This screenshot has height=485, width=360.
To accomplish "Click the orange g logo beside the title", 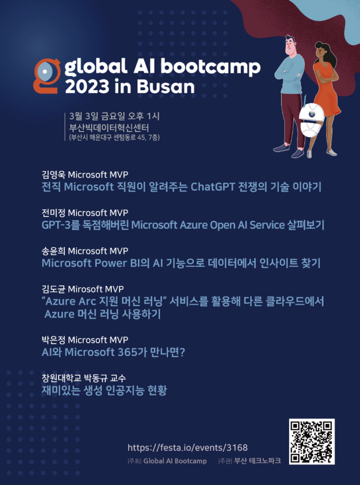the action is click(46, 76).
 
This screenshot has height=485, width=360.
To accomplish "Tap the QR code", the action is click(312, 442).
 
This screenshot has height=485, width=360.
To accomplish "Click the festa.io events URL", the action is click(188, 447).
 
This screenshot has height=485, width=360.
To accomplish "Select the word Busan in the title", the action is click(166, 87).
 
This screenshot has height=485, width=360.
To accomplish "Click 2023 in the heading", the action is click(86, 87).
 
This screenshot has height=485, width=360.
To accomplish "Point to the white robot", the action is click(311, 121).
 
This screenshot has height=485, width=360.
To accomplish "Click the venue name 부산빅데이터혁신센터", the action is click(110, 127).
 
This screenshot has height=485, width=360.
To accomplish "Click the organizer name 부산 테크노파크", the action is click(257, 461).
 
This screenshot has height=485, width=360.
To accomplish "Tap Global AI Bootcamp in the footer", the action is click(175, 461).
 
